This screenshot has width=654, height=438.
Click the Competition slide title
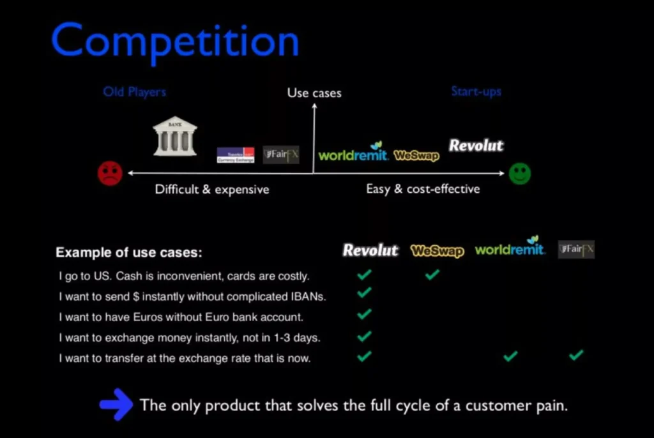pyautogui.click(x=175, y=42)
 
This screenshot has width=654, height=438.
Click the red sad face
pyautogui.click(x=110, y=174)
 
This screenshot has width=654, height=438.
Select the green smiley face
pyautogui.click(x=519, y=174)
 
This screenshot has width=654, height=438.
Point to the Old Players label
pyautogui.click(x=134, y=92)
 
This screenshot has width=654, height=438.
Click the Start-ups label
pyautogui.click(x=476, y=91)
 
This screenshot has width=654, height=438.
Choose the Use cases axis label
pyautogui.click(x=314, y=93)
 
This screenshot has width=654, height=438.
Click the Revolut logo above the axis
pyautogui.click(x=476, y=146)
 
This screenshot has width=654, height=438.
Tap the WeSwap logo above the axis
pyautogui.click(x=416, y=155)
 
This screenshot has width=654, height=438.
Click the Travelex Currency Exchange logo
pyautogui.click(x=235, y=155)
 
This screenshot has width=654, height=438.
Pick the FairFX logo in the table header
pyautogui.click(x=576, y=249)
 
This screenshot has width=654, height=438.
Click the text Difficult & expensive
pyautogui.click(x=212, y=190)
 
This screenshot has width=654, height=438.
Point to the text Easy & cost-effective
pyautogui.click(x=423, y=189)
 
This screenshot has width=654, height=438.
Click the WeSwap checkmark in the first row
pyautogui.click(x=432, y=275)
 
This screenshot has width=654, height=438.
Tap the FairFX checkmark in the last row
pyautogui.click(x=576, y=355)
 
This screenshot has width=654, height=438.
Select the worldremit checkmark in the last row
pyautogui.click(x=510, y=356)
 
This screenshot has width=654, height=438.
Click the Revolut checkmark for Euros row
pyautogui.click(x=364, y=314)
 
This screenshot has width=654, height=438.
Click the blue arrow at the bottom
pyautogui.click(x=116, y=405)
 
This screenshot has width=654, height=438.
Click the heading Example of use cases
pyautogui.click(x=129, y=252)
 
